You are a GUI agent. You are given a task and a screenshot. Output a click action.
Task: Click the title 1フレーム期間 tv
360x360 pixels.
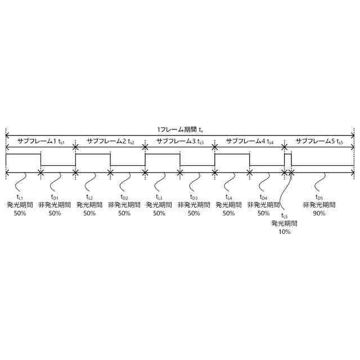pyautogui.click(x=180, y=129)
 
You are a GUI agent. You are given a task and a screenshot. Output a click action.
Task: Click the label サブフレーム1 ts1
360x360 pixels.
pyautogui.click(x=40, y=141)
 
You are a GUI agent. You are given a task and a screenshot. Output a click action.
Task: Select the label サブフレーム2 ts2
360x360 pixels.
pyautogui.click(x=110, y=141)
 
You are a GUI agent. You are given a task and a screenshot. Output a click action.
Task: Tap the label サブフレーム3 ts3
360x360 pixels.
pyautogui.click(x=180, y=141)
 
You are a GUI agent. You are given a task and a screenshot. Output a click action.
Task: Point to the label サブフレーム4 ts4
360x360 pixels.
pyautogui.click(x=249, y=141)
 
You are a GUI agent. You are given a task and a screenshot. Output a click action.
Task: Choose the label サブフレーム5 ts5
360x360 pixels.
pyautogui.click(x=319, y=141)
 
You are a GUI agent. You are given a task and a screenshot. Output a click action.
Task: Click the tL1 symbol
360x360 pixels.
pyautogui.click(x=20, y=197)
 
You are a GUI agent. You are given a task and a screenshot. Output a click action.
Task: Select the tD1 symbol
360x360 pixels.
pyautogui.click(x=55, y=197)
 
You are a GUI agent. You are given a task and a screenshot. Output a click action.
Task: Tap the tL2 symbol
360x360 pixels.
pyautogui.click(x=89, y=197)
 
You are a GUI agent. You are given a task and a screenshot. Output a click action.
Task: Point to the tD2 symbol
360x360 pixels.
pyautogui.click(x=124, y=197)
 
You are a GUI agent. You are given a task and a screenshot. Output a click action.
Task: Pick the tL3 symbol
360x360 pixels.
pyautogui.click(x=159, y=197)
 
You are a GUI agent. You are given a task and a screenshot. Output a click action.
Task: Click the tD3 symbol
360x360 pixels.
pyautogui.click(x=194, y=197)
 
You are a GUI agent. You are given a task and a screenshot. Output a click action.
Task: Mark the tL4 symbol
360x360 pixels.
pyautogui.click(x=229, y=197)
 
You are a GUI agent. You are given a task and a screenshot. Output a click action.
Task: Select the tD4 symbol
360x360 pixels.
pyautogui.click(x=263, y=197)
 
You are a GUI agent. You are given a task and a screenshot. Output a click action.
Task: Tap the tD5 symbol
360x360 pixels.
pyautogui.click(x=319, y=197)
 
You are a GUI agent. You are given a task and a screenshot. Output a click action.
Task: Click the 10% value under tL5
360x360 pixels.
pyautogui.click(x=284, y=231)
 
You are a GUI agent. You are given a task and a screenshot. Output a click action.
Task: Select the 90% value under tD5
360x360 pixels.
pyautogui.click(x=319, y=213)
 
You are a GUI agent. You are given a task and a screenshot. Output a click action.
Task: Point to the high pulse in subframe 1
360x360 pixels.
pyautogui.click(x=23, y=154)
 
